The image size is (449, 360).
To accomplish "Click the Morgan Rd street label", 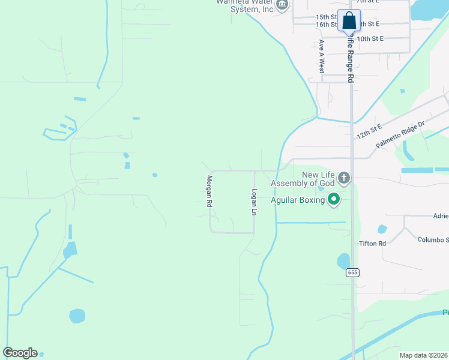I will (210, 191).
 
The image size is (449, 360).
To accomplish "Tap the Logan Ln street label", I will (253, 202).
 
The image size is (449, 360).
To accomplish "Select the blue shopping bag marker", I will (349, 21).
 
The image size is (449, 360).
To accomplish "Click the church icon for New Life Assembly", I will (344, 178).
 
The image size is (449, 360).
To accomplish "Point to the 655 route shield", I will (352, 272).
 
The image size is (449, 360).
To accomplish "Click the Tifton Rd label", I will (372, 244).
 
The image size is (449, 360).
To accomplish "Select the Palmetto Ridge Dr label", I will (400, 134).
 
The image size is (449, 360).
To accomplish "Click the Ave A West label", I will (322, 56).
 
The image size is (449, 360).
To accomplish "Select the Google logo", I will (20, 353).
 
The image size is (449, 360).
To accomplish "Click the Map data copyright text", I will (424, 355).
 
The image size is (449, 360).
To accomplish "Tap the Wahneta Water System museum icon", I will (281, 4).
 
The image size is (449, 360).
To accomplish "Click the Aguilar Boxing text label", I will (298, 200).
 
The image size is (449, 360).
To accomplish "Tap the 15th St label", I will (327, 17).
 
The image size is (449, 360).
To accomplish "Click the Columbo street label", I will (433, 239).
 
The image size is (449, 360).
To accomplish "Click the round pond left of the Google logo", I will (77, 316).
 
